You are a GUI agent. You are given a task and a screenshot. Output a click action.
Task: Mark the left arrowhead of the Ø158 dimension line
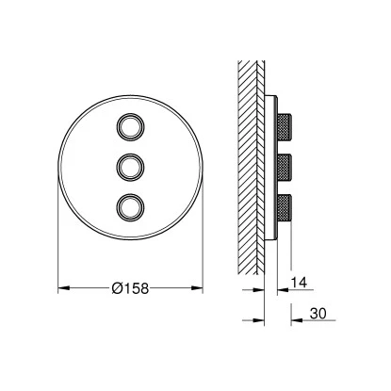pyautogui.click(x=62, y=287)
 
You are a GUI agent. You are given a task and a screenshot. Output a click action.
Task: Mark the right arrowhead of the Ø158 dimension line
pyautogui.click(x=199, y=287)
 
